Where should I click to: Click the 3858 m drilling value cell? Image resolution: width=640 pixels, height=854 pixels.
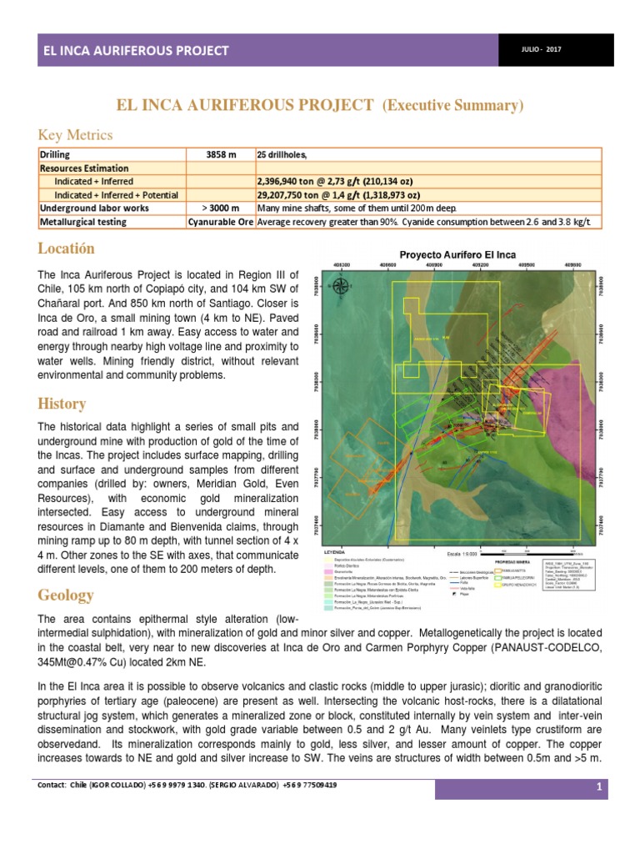pyautogui.click(x=221, y=155)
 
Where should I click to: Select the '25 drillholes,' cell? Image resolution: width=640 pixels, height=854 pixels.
pyautogui.click(x=283, y=155)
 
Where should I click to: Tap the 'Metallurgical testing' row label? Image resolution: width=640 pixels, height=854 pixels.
pyautogui.click(x=83, y=222)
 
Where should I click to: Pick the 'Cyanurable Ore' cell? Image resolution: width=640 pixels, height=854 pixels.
pyautogui.click(x=221, y=222)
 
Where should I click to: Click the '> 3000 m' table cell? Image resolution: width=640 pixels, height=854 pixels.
pyautogui.click(x=221, y=208)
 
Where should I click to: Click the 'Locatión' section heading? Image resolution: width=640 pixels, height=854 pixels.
pyautogui.click(x=67, y=249)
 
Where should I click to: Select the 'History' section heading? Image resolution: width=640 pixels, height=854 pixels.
pyautogui.click(x=62, y=404)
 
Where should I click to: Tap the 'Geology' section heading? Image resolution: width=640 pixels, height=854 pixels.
pyautogui.click(x=66, y=595)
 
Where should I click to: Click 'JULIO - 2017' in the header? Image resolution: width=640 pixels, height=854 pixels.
pyautogui.click(x=542, y=50)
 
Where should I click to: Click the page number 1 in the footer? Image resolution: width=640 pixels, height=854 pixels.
pyautogui.click(x=598, y=788)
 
